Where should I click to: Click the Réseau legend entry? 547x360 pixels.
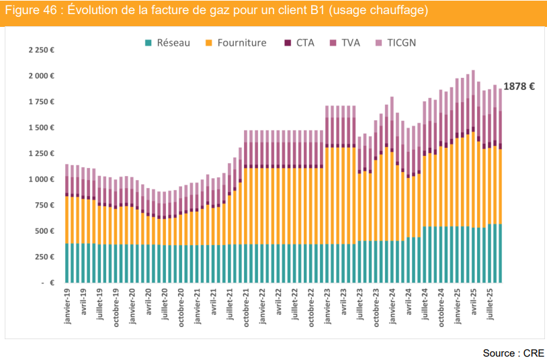[167, 43]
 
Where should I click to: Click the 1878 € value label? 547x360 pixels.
[519, 87]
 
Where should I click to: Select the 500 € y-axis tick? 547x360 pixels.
[44, 231]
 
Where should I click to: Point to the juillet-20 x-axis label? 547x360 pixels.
[165, 308]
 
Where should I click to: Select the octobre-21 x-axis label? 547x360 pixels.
[247, 309]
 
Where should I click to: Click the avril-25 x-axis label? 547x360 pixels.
[474, 306]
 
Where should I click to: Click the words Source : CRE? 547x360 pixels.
[513, 353]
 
